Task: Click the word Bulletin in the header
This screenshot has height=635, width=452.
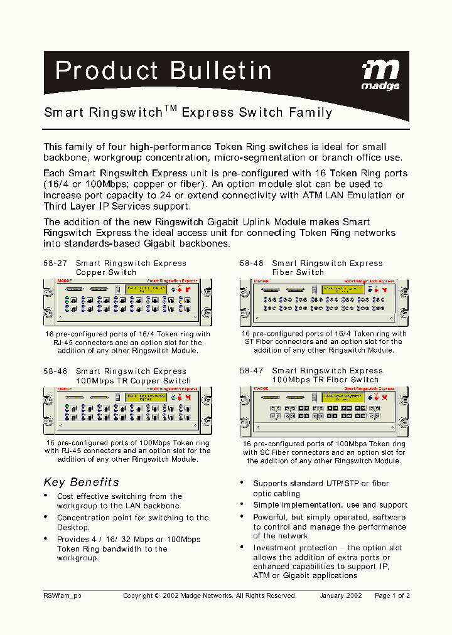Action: click(x=221, y=71)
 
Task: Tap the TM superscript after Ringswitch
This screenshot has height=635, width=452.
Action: click(x=171, y=109)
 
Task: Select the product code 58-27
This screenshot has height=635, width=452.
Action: click(x=55, y=264)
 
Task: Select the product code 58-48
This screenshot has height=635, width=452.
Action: click(x=251, y=264)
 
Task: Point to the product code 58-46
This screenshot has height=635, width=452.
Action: click(x=55, y=371)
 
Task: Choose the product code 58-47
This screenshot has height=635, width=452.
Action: click(x=251, y=371)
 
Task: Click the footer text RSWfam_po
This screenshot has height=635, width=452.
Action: click(x=62, y=596)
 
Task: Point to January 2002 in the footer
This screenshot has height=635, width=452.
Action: click(x=340, y=596)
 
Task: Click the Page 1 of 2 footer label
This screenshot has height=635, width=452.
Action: click(x=392, y=596)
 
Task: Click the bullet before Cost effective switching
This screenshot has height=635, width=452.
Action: click(x=46, y=496)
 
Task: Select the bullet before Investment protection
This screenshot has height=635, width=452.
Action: click(x=242, y=548)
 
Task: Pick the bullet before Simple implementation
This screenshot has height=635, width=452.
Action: click(x=242, y=504)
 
